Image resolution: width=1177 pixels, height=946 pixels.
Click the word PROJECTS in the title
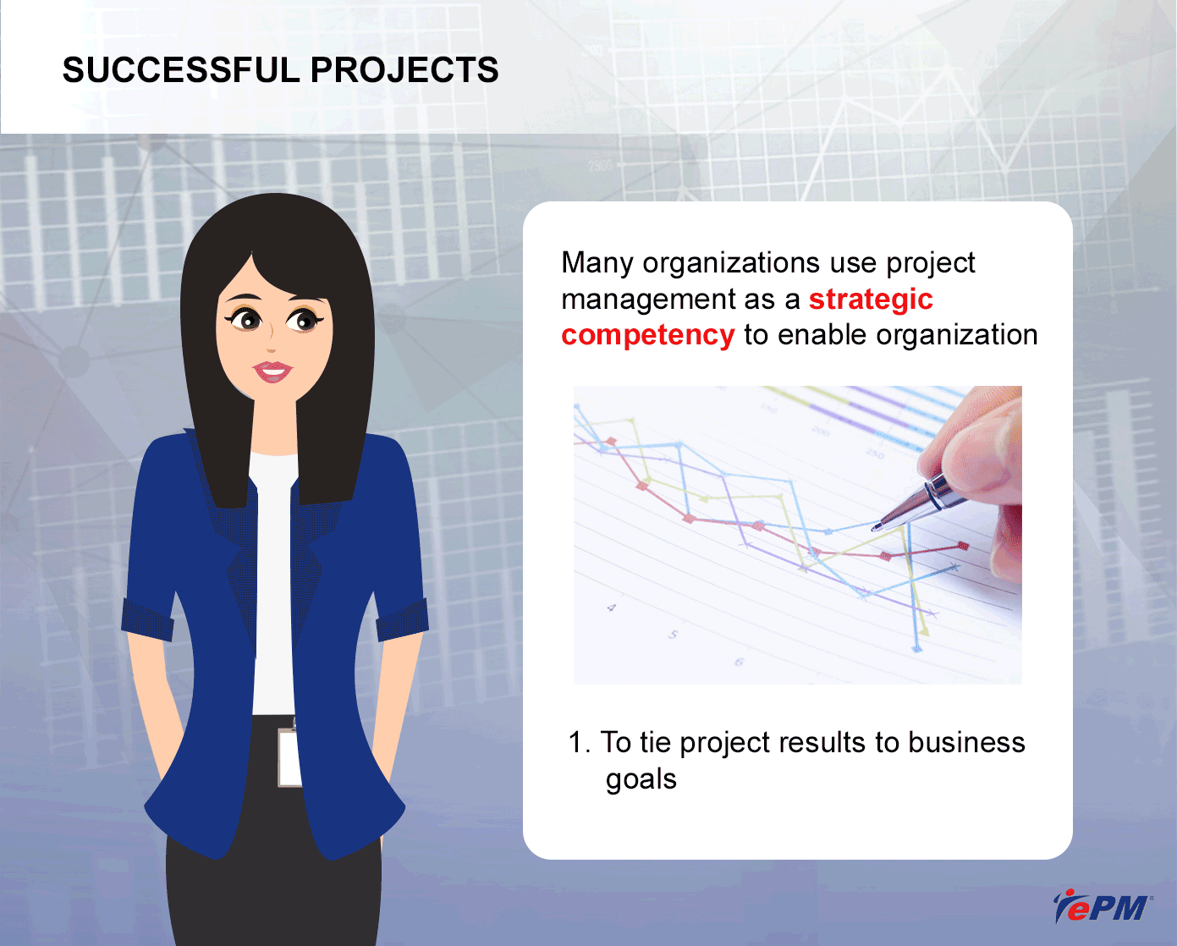(404, 70)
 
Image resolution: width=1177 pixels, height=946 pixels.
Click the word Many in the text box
(597, 264)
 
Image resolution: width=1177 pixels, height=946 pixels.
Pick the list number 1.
(580, 743)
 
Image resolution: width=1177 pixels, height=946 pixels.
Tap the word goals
(641, 780)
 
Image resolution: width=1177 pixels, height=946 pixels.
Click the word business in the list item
(966, 743)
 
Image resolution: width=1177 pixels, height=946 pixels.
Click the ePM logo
(1103, 905)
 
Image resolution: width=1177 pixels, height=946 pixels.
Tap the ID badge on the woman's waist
(289, 757)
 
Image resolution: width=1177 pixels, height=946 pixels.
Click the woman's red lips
(272, 371)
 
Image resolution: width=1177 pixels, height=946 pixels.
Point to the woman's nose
(270, 339)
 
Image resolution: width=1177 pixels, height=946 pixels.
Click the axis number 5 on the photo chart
(674, 635)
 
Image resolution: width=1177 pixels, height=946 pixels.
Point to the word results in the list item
(822, 743)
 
